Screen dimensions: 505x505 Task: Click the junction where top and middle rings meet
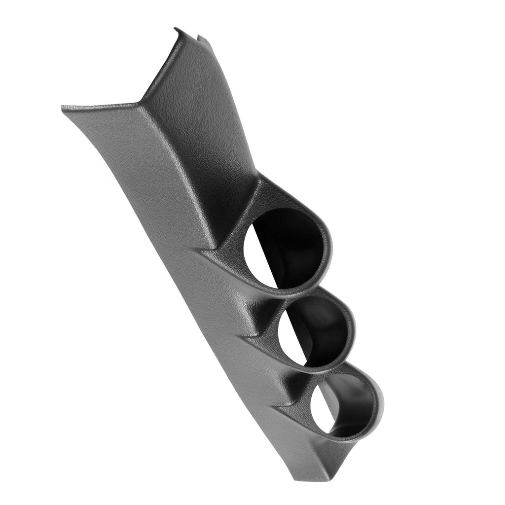pos(296,293)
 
